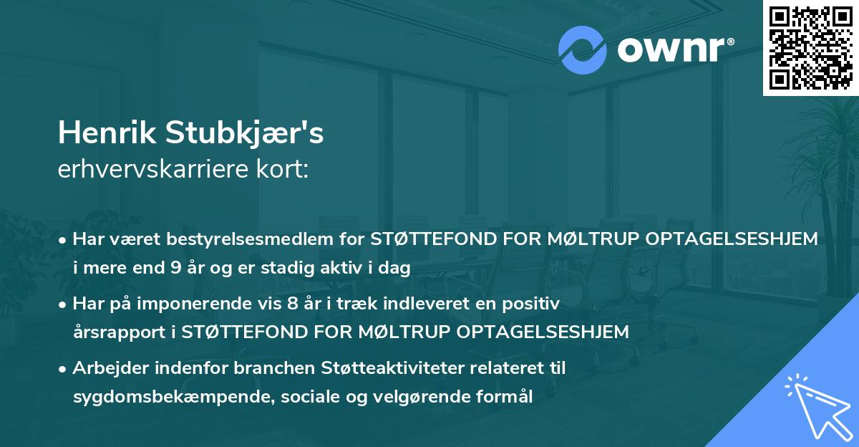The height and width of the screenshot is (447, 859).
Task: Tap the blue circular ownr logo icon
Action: click(581, 50)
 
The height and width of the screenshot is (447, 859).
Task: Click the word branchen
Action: click(236, 368)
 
